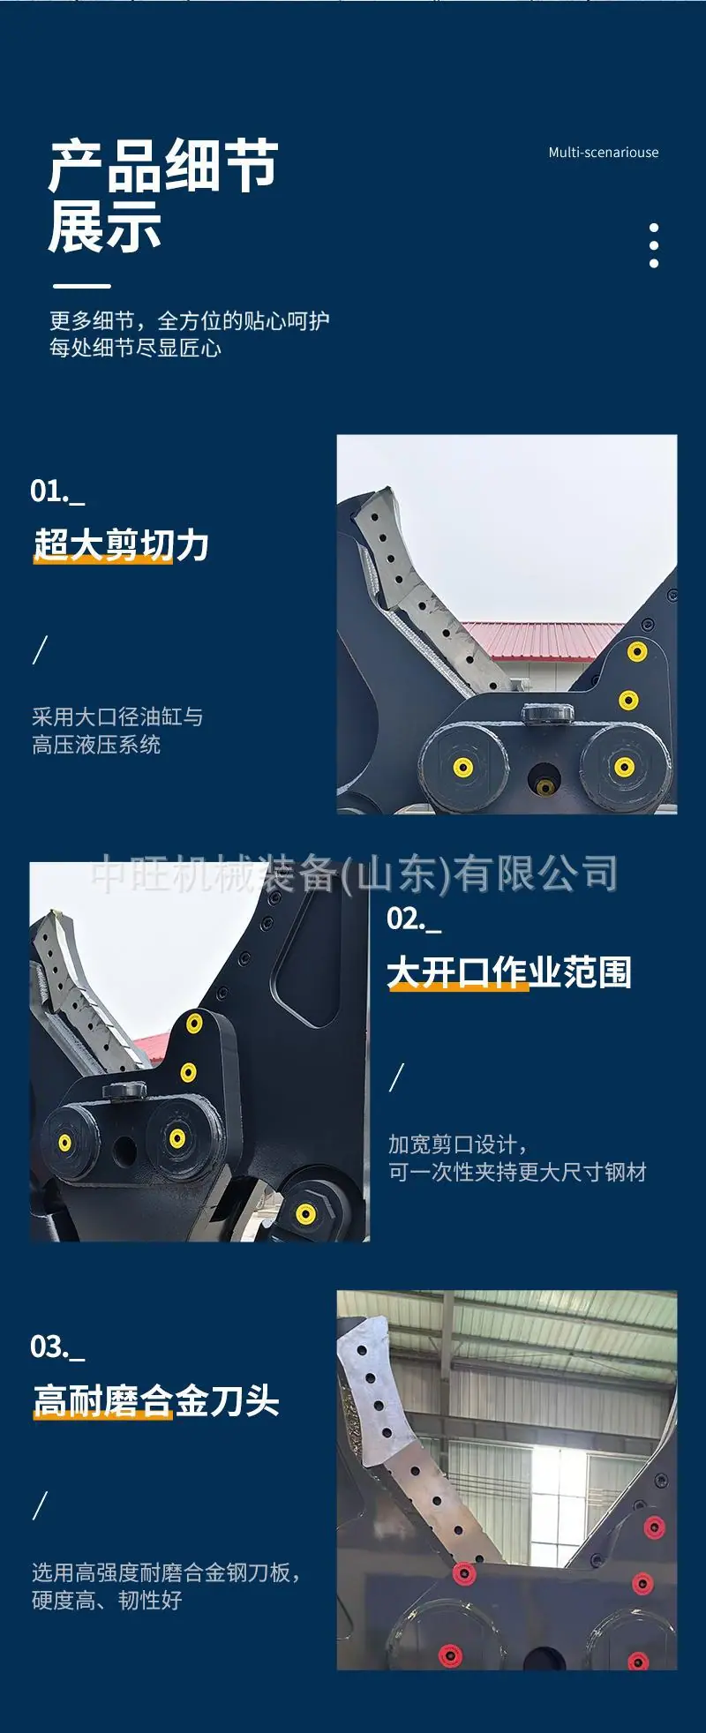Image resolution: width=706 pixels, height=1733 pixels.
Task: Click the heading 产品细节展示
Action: (x=163, y=197)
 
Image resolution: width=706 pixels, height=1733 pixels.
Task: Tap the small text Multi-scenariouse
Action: (x=604, y=153)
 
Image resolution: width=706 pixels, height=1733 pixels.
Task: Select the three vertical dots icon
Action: (x=654, y=245)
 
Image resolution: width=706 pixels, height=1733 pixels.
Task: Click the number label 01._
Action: (x=57, y=491)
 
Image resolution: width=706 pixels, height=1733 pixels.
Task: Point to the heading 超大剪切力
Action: (x=121, y=545)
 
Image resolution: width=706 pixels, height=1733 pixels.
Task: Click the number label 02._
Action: (x=414, y=919)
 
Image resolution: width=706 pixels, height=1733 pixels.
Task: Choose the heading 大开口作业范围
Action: (x=509, y=972)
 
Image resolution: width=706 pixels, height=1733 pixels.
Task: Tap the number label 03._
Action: (x=57, y=1347)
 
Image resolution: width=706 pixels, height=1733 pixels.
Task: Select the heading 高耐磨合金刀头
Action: (x=156, y=1401)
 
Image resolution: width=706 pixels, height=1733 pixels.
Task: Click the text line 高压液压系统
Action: (x=96, y=745)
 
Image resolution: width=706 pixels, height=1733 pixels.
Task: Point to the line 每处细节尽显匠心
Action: (x=135, y=348)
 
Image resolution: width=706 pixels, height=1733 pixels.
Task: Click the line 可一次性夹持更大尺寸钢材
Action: (x=517, y=1172)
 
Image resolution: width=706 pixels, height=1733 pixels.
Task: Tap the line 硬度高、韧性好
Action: (x=107, y=1600)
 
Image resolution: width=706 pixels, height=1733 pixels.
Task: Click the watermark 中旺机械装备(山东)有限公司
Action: (x=355, y=874)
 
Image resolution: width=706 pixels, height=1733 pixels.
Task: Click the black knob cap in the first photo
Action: (x=547, y=714)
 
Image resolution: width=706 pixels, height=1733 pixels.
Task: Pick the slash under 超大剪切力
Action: (x=40, y=649)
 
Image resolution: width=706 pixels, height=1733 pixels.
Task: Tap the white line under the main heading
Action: (x=82, y=286)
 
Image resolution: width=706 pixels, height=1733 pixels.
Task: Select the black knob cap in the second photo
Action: (x=124, y=1091)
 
